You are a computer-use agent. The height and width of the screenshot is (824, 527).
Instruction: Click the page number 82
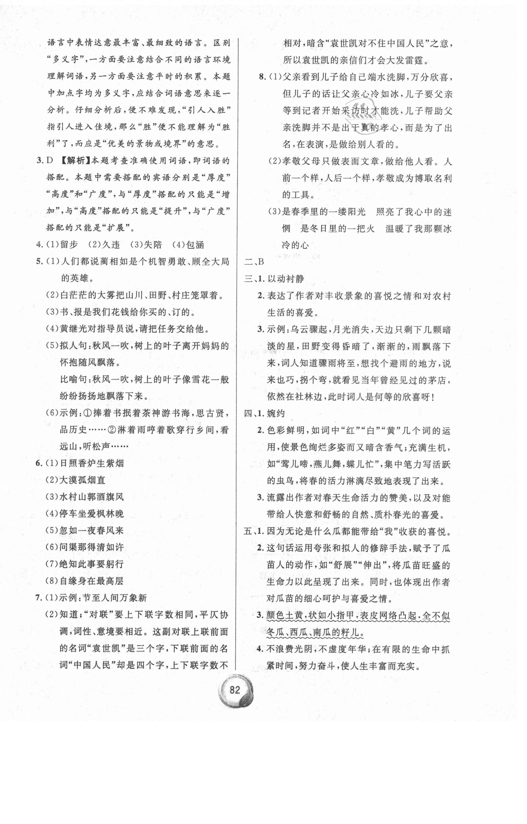[235, 689]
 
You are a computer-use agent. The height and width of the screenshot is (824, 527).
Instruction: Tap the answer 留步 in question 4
[69, 245]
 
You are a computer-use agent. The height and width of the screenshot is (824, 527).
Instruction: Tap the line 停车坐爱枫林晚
[91, 514]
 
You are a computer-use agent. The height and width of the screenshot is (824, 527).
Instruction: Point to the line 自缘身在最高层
[91, 581]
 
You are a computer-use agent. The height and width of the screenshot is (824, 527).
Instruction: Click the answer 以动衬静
[286, 279]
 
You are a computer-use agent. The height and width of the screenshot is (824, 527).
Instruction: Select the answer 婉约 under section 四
[276, 413]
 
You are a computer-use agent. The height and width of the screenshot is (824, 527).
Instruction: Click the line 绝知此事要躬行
[91, 564]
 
